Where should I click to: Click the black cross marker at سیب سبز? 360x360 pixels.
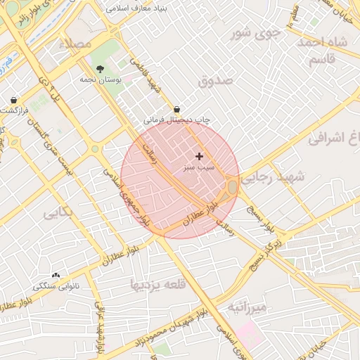coord(200,156)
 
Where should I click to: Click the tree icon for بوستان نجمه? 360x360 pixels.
coord(101,69)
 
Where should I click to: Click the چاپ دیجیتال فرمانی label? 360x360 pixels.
coord(177,120)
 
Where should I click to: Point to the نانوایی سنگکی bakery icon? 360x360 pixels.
coord(56,276)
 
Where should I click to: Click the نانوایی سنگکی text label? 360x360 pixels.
coord(56,287)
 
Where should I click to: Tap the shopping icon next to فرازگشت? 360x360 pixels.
coord(14,101)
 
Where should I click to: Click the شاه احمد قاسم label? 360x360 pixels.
coord(323,51)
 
